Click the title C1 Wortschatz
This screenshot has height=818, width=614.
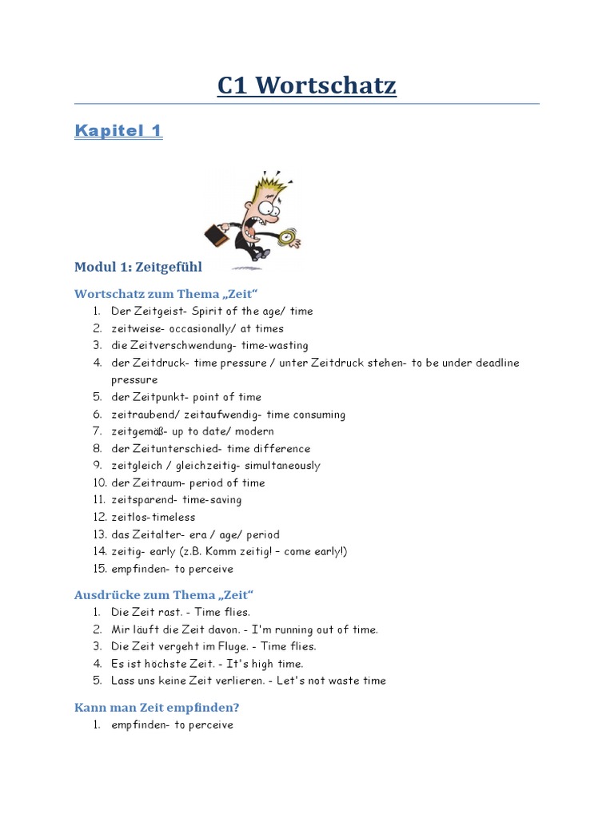pos(306,85)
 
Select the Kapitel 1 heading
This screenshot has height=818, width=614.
pos(118,130)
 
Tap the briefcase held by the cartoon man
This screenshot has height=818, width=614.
pos(217,235)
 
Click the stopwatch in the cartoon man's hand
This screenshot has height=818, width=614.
pos(287,236)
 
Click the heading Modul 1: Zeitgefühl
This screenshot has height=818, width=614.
pos(138,267)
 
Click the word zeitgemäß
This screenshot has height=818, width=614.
pos(139,431)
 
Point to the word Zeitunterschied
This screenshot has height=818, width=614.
pos(175,449)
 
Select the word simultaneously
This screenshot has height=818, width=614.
pos(282,466)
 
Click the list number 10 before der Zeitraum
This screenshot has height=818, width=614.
pos(97,483)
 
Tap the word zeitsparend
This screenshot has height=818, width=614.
pos(143,500)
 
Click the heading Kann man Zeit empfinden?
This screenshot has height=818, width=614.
pos(157,708)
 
